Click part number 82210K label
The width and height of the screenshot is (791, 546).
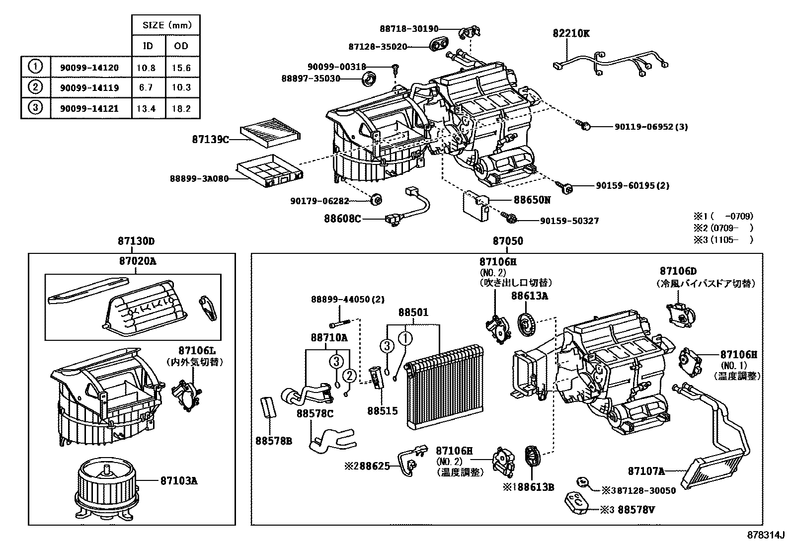pyautogui.click(x=571, y=33)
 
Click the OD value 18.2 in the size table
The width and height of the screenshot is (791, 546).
pyautogui.click(x=181, y=108)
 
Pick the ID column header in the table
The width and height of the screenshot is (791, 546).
pyautogui.click(x=148, y=46)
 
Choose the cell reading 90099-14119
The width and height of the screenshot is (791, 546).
pyautogui.click(x=89, y=88)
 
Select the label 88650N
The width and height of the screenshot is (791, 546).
pyautogui.click(x=532, y=200)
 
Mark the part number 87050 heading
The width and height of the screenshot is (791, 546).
pyautogui.click(x=508, y=241)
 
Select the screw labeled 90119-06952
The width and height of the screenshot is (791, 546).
pyautogui.click(x=585, y=126)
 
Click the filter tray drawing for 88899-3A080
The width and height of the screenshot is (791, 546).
pyautogui.click(x=270, y=171)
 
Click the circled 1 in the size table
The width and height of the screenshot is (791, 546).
pyautogui.click(x=35, y=66)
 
